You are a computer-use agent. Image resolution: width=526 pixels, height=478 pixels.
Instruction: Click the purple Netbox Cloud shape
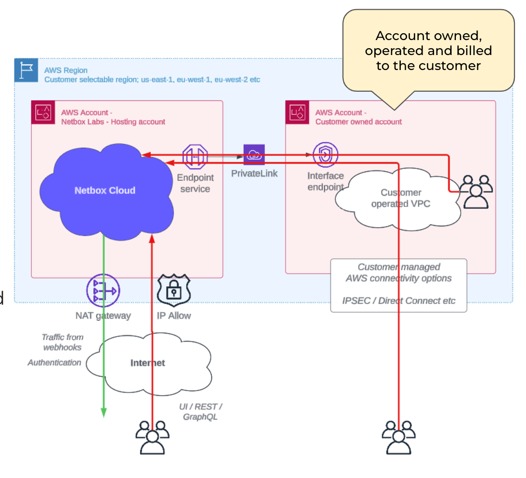click(x=105, y=190)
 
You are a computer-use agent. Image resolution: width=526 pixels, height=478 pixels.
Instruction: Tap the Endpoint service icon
click(x=195, y=156)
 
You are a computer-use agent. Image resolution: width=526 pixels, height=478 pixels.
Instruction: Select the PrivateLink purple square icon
click(x=254, y=155)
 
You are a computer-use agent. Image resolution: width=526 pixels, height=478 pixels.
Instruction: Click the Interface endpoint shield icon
click(x=325, y=155)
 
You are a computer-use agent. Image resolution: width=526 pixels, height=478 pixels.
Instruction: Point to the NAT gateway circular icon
click(x=102, y=291)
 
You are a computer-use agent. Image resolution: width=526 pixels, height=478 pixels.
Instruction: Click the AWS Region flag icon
click(x=26, y=70)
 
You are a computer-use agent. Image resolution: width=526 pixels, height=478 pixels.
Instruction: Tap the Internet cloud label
click(x=147, y=363)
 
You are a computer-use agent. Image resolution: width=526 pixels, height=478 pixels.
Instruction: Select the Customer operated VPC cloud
click(x=401, y=198)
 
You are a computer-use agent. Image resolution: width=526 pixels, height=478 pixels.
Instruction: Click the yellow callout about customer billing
click(x=428, y=50)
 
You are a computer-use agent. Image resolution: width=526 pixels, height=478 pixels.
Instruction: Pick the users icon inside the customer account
click(x=476, y=191)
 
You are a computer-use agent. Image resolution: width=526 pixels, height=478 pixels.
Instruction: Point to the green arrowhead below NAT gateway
click(x=103, y=411)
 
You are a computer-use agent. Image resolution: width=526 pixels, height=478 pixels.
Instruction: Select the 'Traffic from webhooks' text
click(x=62, y=342)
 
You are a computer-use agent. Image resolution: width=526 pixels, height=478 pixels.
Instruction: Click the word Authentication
click(x=54, y=363)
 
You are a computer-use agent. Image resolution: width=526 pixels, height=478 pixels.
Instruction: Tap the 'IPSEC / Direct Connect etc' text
click(x=399, y=300)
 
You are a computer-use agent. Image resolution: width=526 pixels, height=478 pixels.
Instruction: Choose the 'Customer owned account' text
click(x=358, y=122)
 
